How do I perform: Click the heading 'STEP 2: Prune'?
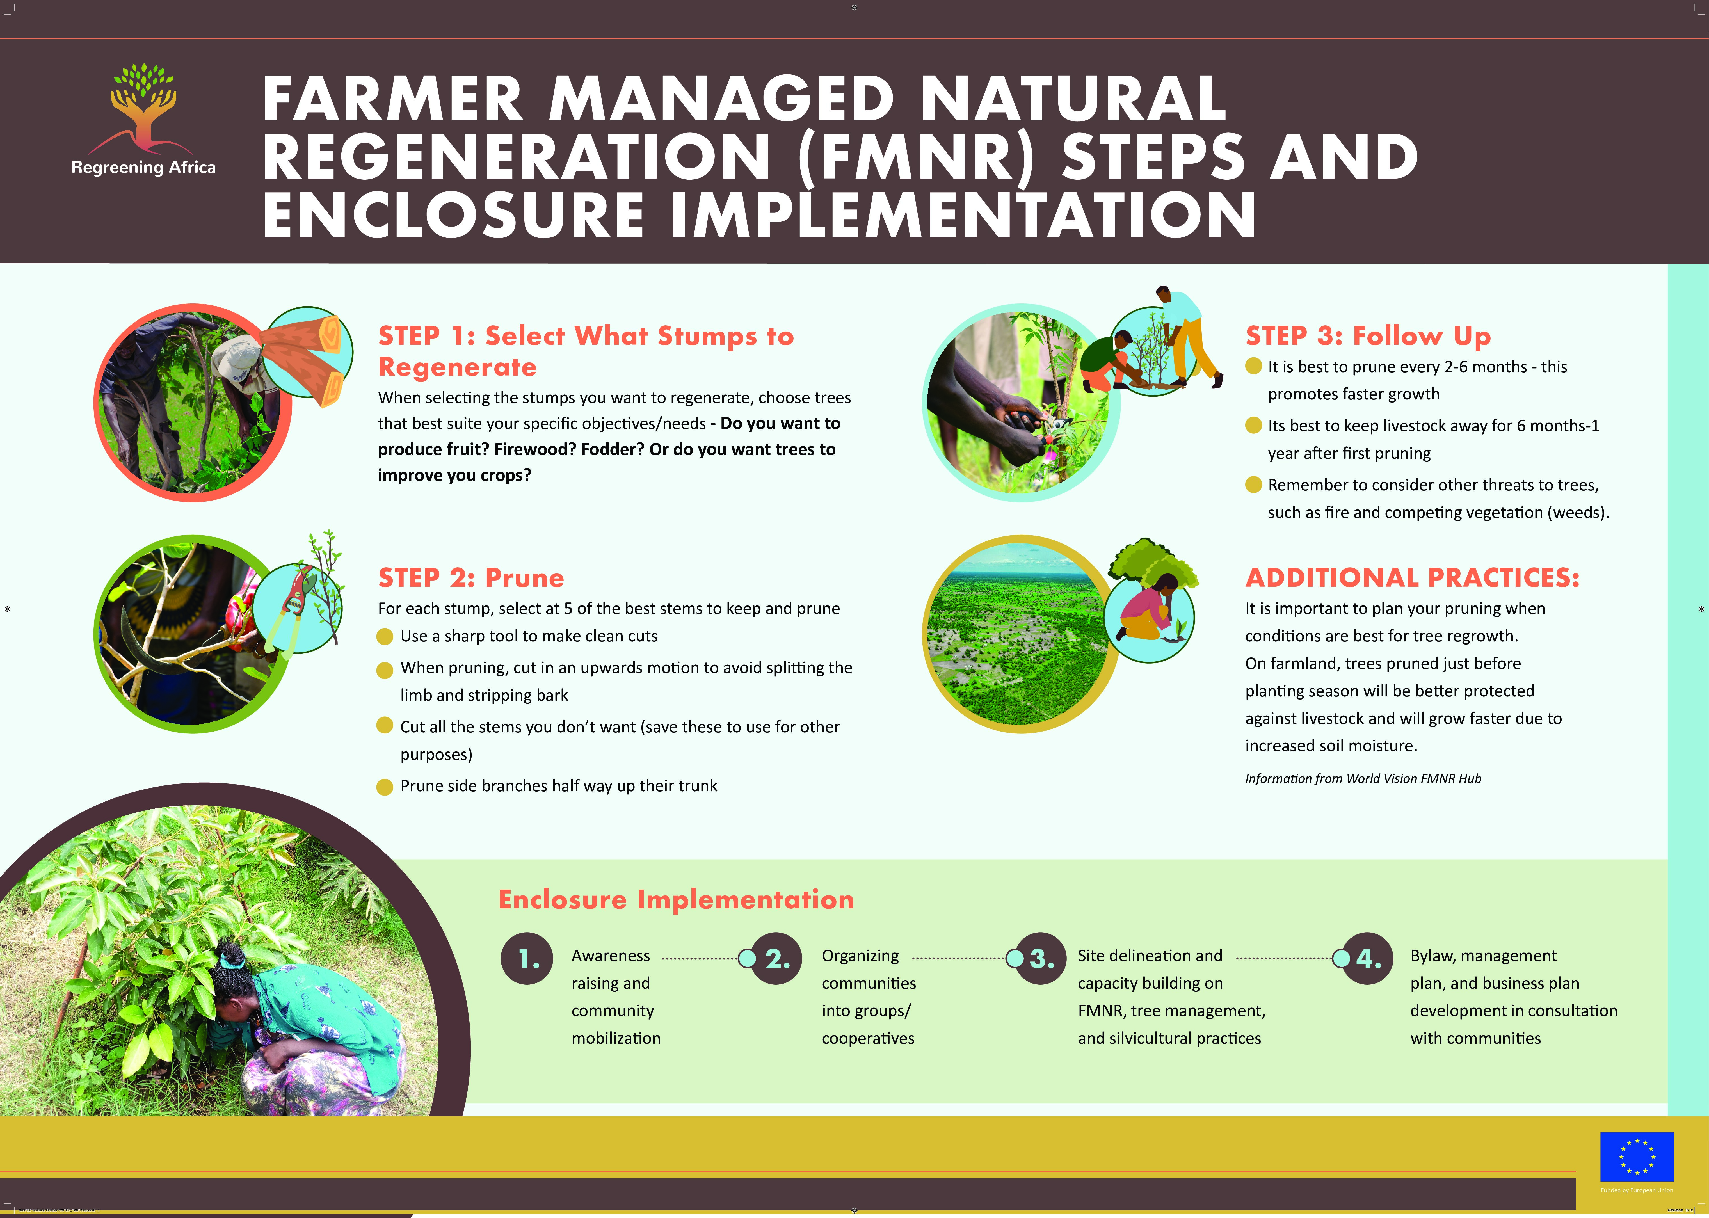(471, 577)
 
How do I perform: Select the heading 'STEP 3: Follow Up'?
(1368, 336)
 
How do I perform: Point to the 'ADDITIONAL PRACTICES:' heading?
(1412, 577)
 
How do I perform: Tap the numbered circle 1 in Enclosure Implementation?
(527, 959)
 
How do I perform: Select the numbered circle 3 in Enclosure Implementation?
(1041, 959)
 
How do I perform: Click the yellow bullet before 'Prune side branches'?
(385, 787)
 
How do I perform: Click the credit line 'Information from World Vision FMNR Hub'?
(1363, 778)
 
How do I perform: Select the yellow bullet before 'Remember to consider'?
(1253, 485)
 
